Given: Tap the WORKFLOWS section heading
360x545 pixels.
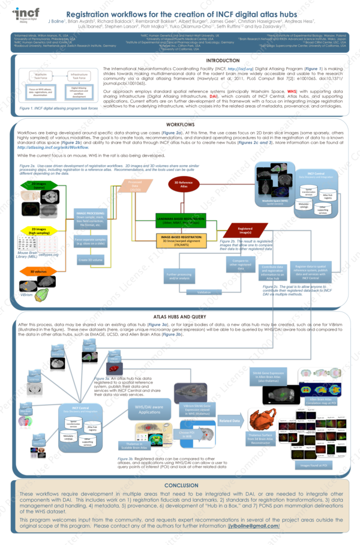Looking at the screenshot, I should pos(180,124).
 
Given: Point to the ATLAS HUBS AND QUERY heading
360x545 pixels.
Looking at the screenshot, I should pos(180,316).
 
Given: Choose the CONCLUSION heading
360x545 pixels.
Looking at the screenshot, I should pos(180,485).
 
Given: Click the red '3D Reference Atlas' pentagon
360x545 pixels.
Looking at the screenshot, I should pos(184,184).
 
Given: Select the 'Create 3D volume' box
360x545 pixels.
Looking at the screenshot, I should pos(89,259).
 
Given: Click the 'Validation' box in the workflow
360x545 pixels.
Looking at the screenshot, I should pos(205,292).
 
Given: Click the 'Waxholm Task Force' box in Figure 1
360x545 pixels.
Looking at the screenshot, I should pos(41,77).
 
